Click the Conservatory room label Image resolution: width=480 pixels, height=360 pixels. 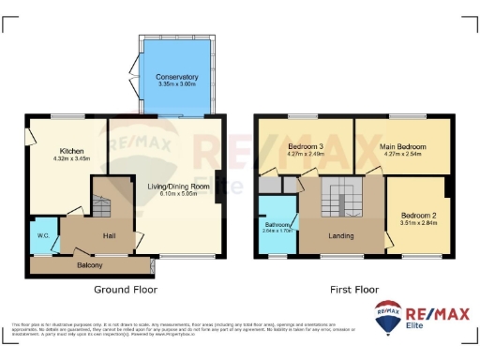click(x=176, y=77)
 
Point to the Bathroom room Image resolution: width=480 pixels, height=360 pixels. click(x=278, y=225)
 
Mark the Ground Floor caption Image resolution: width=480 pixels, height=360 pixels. click(x=125, y=291)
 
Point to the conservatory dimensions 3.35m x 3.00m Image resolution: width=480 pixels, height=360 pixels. click(x=176, y=84)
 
